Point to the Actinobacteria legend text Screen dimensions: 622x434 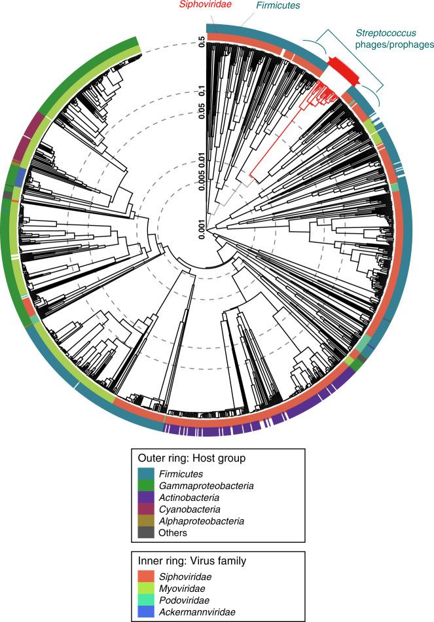click(x=190, y=496)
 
